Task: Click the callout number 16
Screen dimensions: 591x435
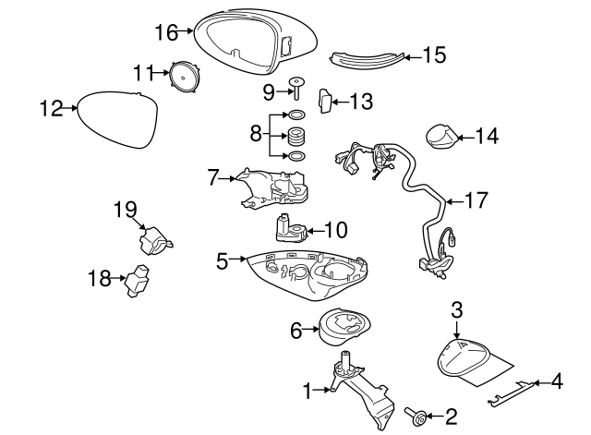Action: coord(166,32)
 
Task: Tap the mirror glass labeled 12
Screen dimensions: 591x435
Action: coord(117,119)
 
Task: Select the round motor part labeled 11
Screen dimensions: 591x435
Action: coord(185,77)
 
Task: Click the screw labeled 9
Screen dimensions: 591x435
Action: coord(296,88)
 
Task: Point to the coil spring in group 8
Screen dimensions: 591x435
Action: coord(296,136)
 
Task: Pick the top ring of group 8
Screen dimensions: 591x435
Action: coord(297,115)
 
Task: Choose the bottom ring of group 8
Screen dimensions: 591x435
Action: coord(296,155)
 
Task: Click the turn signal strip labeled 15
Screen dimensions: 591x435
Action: coord(367,59)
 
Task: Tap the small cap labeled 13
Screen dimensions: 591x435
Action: coord(325,101)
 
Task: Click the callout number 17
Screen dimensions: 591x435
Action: coord(476,200)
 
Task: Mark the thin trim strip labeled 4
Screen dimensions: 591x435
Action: coord(511,393)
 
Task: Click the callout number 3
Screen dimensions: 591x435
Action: coord(456,310)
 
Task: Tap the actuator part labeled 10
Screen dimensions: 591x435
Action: coord(291,227)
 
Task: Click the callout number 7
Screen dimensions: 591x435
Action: coord(213,177)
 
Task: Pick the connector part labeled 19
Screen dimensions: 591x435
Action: coord(154,241)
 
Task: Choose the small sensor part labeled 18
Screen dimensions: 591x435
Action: coord(137,281)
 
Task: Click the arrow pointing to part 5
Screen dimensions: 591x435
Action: coord(237,259)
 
